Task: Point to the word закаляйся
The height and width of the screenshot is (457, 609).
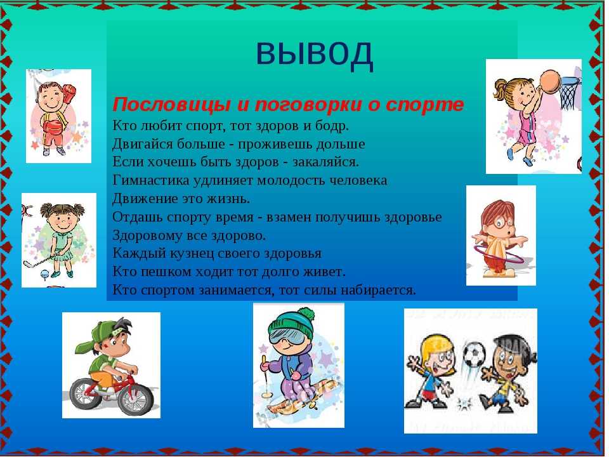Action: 325,162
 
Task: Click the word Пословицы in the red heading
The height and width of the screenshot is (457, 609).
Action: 172,105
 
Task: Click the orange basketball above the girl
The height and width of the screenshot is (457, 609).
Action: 550,81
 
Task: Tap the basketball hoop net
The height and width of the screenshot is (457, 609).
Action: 570,93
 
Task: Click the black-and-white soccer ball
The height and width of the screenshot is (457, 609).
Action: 475,354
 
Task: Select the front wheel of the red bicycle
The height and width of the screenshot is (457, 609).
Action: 136,397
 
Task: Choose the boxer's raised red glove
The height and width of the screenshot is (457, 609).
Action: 69,93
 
